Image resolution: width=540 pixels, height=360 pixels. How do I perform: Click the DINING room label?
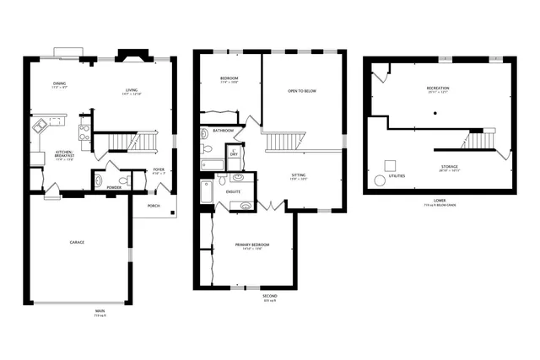[59, 83]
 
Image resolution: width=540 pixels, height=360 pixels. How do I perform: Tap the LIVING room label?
[132, 89]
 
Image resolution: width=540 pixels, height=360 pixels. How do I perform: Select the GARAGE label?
[77, 243]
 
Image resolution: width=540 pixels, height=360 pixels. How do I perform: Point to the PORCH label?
[154, 206]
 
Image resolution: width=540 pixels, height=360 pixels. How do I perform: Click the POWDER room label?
[114, 187]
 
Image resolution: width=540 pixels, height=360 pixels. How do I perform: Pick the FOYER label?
[159, 170]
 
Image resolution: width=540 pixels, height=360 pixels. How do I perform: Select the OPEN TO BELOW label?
[302, 90]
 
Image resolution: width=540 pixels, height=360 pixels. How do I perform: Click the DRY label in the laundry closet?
[234, 154]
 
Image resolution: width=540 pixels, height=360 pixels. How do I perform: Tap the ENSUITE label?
[234, 191]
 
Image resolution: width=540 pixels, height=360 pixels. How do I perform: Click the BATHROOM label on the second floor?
[224, 132]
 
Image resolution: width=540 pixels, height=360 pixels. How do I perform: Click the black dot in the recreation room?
[435, 112]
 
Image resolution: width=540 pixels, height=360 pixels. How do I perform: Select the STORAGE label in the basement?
[449, 167]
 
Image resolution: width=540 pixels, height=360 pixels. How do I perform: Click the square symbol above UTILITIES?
[391, 164]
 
